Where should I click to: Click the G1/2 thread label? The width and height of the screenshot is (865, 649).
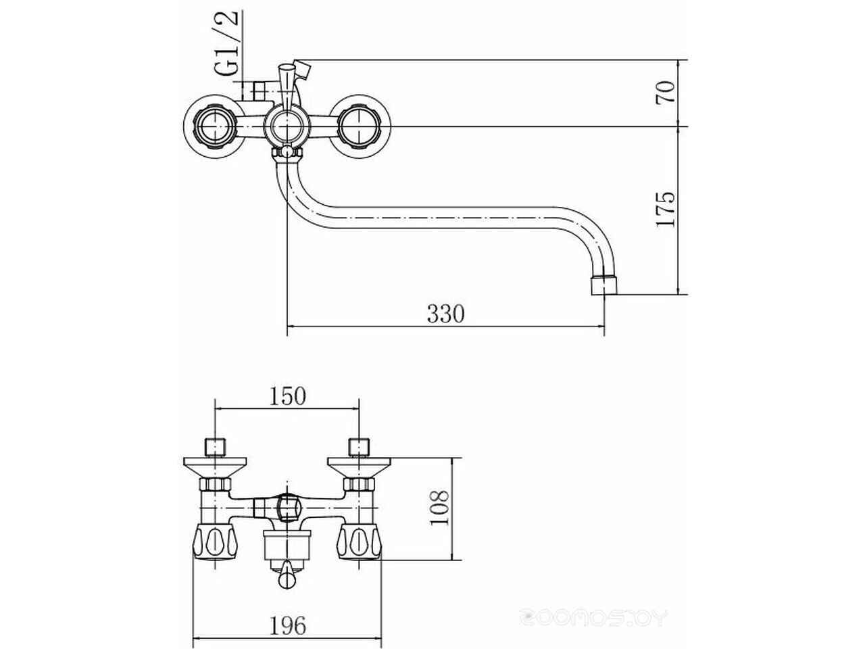coord(227,42)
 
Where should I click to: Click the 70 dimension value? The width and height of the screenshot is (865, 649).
coord(665,93)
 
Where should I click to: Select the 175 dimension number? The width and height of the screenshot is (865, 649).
coord(665,210)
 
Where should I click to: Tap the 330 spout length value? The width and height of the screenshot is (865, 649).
coord(446,314)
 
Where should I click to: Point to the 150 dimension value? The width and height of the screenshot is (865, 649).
coord(287,396)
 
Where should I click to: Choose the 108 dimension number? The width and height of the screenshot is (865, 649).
coord(439,508)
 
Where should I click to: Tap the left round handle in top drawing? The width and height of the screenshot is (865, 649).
coord(215,126)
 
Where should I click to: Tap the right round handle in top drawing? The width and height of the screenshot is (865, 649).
coord(359,126)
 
